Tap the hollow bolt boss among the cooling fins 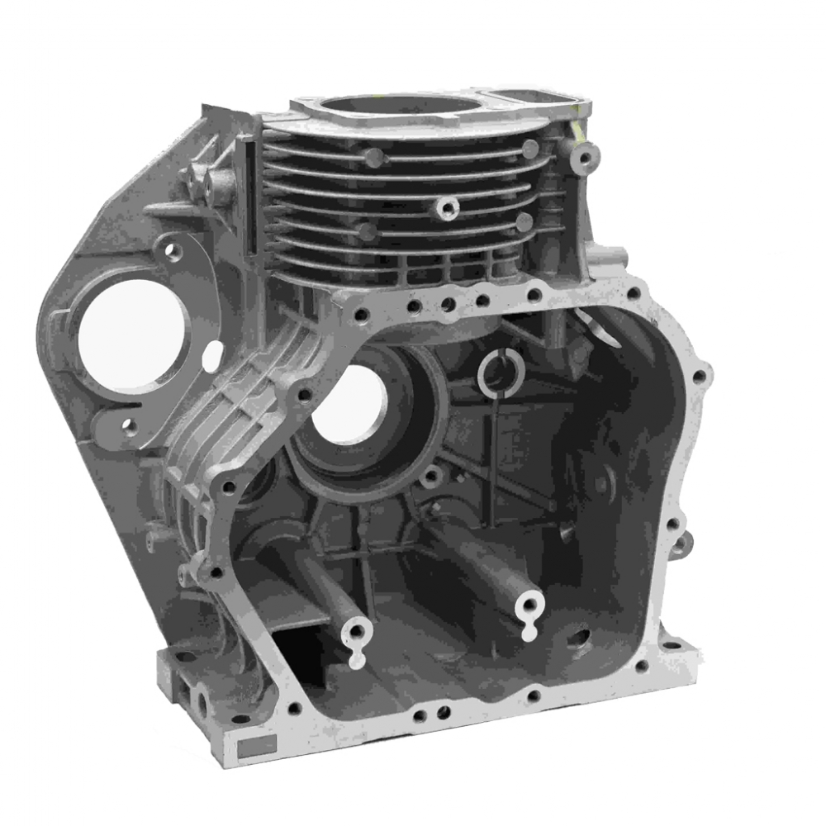449,207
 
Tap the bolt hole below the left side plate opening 127,426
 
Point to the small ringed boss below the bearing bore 432,476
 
